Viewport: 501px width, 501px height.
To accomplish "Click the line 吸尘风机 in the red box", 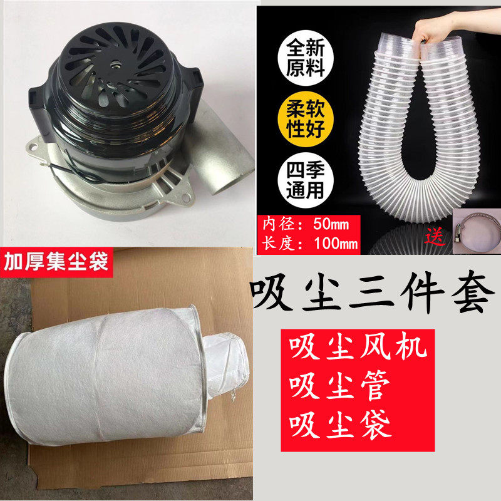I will pos(355,348).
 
